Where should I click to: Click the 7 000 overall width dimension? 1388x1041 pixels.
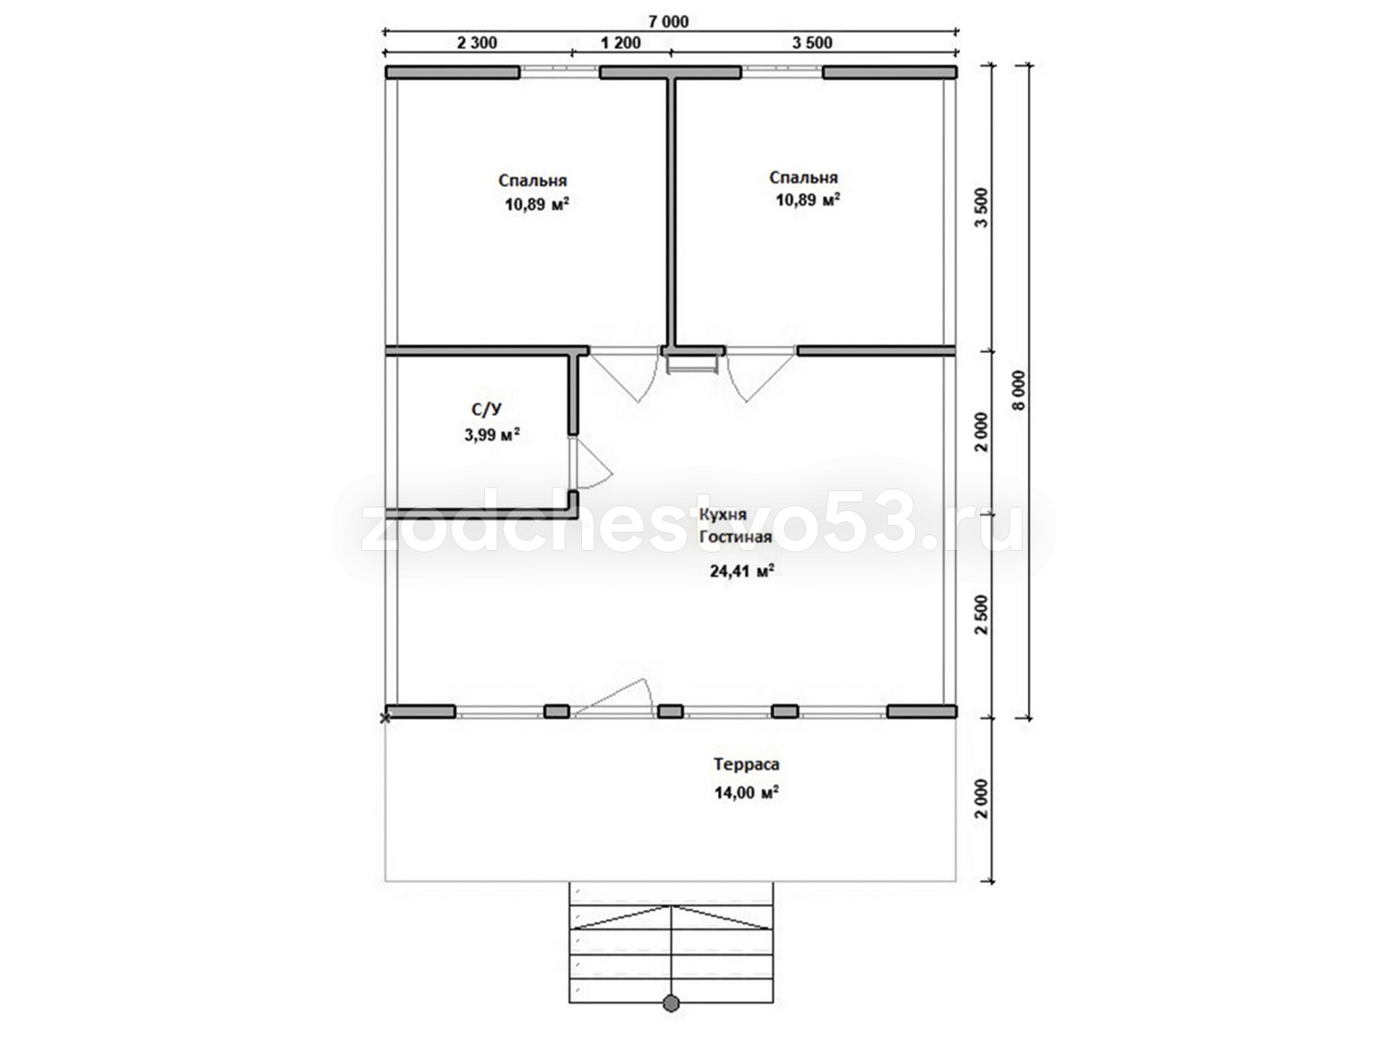point(668,22)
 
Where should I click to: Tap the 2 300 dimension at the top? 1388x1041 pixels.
point(476,43)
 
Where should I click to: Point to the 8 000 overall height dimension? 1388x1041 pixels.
point(1019,390)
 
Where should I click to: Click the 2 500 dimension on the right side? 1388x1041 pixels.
point(981,615)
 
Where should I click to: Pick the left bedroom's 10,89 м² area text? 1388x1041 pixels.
point(536,204)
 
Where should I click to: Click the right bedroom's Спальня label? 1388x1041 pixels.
point(803,178)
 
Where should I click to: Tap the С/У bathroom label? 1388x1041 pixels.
point(487,409)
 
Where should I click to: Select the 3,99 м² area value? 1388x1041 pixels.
point(492,435)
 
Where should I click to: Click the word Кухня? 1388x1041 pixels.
point(722,514)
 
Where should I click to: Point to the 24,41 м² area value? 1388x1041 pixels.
point(743,571)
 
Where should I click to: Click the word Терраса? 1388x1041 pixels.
point(746,763)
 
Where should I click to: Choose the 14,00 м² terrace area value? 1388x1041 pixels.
point(746,792)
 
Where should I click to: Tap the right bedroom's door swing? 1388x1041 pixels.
point(761,377)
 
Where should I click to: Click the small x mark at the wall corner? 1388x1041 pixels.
point(384,718)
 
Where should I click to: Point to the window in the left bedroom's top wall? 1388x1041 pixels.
point(559,72)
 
